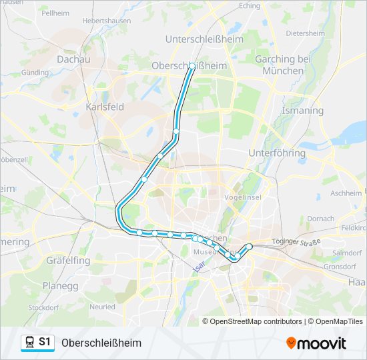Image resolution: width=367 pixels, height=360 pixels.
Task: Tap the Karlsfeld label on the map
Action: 105,106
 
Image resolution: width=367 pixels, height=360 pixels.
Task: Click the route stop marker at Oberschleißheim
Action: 192,66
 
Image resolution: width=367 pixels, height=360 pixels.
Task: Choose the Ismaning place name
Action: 302,111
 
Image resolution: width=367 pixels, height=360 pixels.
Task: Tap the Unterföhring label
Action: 276,153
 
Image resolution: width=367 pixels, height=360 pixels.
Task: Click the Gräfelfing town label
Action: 68,261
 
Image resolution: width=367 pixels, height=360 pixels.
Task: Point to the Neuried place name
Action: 102,307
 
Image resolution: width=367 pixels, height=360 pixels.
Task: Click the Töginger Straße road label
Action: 297,241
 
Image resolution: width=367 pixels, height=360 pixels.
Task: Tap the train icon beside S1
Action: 30,342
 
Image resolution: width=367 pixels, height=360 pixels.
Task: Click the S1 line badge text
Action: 45,342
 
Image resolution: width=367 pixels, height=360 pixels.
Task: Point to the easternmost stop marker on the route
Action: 250,247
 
